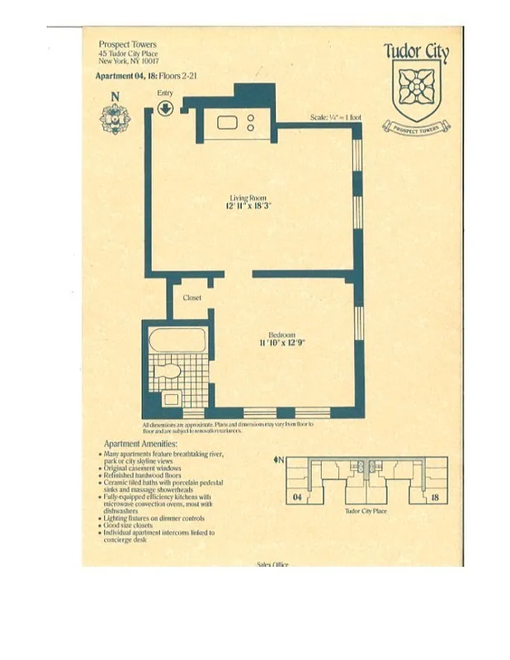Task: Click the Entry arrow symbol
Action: point(165,108)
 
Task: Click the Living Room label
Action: point(248,198)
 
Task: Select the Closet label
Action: point(192,298)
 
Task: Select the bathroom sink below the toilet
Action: point(171,398)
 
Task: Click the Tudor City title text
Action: point(417,53)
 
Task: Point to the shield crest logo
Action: point(416,92)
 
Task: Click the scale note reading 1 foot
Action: point(336,118)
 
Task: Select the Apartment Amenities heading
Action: point(129,445)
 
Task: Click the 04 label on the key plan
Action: point(297,497)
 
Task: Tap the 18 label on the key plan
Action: point(433,497)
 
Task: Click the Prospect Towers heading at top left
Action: point(127,45)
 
